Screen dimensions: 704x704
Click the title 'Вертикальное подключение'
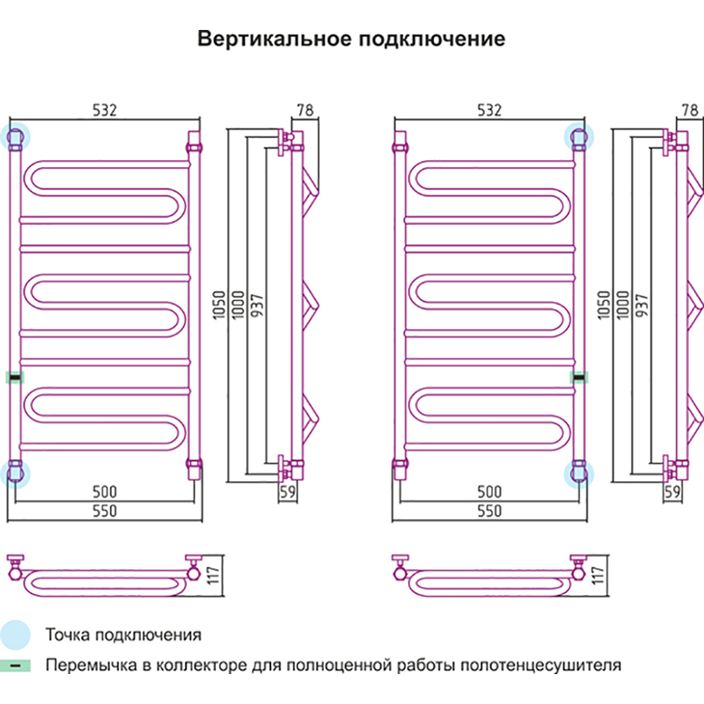point(351,40)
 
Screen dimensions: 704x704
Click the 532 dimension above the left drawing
point(105,110)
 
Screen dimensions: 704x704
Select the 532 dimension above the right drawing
point(488,110)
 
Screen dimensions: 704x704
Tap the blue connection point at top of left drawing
point(15,136)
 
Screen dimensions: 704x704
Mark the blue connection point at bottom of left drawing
point(15,472)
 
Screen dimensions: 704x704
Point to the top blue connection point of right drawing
point(579,136)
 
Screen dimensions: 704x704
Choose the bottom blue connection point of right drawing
point(579,472)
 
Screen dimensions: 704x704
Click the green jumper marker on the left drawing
point(15,378)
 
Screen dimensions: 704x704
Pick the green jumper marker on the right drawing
point(579,378)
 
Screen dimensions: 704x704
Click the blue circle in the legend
point(15,634)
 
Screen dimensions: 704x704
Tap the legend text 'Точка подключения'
point(123,634)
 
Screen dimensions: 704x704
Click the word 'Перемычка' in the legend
point(87,665)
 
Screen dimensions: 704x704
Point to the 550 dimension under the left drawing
point(105,510)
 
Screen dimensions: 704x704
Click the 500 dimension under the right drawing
point(488,491)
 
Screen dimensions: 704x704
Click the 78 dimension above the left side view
point(305,110)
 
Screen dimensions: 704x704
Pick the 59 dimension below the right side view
point(674,492)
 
